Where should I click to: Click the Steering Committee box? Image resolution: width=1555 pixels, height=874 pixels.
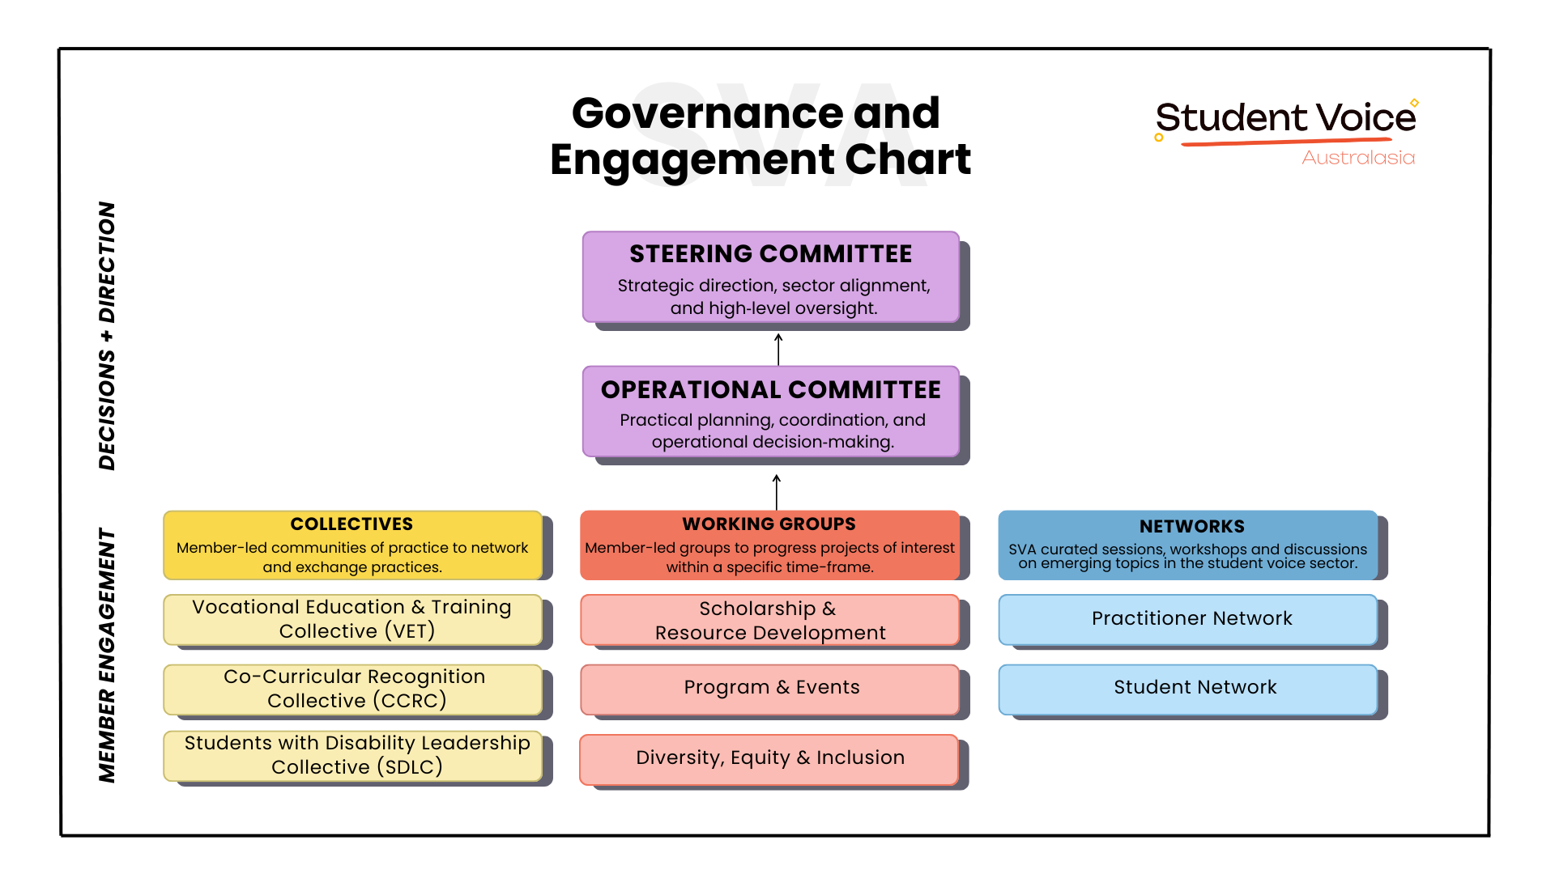pos(770,278)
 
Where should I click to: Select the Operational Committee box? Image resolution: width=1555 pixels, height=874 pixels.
pos(770,412)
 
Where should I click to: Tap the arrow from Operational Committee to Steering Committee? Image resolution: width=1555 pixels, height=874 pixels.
pos(778,349)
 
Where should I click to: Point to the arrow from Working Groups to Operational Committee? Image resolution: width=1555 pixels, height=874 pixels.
pos(777,492)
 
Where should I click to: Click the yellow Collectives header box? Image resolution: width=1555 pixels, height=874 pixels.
pos(352,545)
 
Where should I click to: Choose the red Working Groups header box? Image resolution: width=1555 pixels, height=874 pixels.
pos(769,545)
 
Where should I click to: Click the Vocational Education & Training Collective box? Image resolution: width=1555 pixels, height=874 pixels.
pos(352,619)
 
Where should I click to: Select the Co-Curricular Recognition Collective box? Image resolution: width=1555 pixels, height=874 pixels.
pos(352,689)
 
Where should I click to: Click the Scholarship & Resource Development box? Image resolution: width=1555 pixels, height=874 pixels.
pos(769,620)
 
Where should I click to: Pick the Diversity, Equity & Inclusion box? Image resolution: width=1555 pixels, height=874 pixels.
pos(769,758)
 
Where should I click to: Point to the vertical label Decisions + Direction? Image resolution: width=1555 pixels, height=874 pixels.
pos(107,336)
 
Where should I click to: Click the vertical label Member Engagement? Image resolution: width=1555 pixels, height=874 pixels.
pos(107,655)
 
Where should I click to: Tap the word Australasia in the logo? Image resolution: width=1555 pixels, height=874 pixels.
pos(1358,158)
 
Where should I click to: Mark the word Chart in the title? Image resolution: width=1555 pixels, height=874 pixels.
pos(907,159)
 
